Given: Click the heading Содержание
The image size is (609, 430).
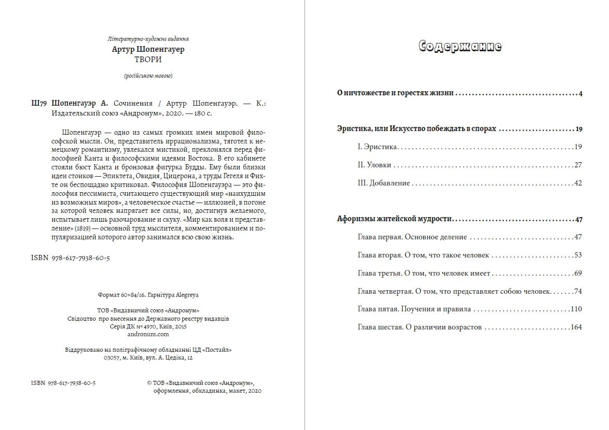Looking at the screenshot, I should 459,47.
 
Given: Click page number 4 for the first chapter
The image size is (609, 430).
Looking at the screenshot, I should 581,94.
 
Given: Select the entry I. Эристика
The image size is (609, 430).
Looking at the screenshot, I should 377,147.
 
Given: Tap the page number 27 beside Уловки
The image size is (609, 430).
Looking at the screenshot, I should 578,165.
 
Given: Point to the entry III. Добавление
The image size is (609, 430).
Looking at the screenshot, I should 383,183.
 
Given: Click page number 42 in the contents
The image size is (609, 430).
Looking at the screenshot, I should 578,183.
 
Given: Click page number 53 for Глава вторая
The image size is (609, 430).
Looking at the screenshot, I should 578,255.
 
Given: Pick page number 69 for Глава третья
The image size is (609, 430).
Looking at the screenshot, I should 578,273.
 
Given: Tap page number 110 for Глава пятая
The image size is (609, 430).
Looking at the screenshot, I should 576,309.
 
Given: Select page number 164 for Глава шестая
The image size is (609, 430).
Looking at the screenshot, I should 576,327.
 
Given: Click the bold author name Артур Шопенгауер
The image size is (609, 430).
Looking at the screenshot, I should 148,50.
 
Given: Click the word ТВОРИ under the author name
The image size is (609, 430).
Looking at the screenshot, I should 148,60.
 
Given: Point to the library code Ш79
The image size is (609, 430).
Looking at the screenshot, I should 39,103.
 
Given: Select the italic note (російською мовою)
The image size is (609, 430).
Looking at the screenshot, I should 148,76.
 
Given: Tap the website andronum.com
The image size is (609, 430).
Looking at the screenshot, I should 148,334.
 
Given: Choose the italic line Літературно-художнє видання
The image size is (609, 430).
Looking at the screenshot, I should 148,39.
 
